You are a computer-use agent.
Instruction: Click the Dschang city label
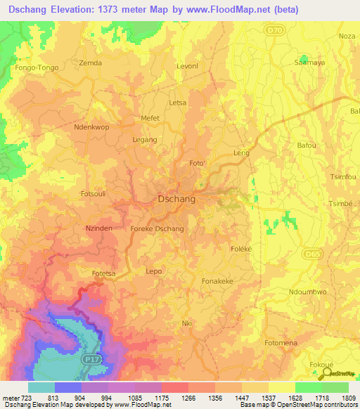click(x=176, y=199)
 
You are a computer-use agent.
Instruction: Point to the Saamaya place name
click(x=309, y=63)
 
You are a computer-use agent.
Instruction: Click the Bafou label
click(x=307, y=145)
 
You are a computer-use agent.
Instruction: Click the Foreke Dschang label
click(x=157, y=229)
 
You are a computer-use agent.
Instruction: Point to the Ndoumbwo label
click(x=308, y=292)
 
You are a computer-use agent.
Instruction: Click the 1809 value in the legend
click(x=348, y=398)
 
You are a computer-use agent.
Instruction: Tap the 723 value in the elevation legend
click(x=22, y=398)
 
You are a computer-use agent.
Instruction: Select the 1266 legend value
click(x=188, y=398)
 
